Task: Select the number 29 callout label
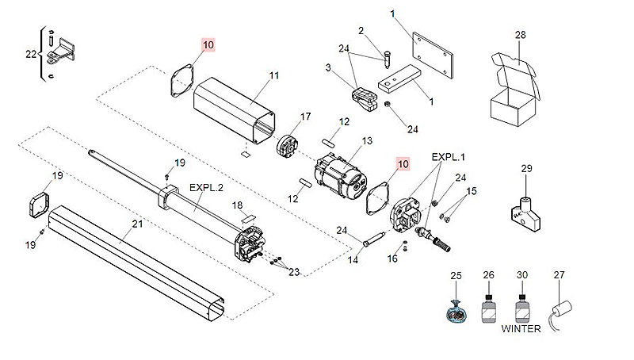(527, 169)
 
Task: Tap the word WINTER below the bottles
(521, 329)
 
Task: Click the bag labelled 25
(456, 312)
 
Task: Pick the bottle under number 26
(489, 308)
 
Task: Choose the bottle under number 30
(521, 308)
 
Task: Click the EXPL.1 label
(449, 158)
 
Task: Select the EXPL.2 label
(206, 189)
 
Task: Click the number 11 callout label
(274, 75)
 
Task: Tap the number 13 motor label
(367, 141)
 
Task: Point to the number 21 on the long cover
(137, 224)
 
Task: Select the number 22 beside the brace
(31, 54)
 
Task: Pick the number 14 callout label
(353, 259)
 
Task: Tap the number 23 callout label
(294, 272)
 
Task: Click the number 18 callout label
(236, 205)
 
